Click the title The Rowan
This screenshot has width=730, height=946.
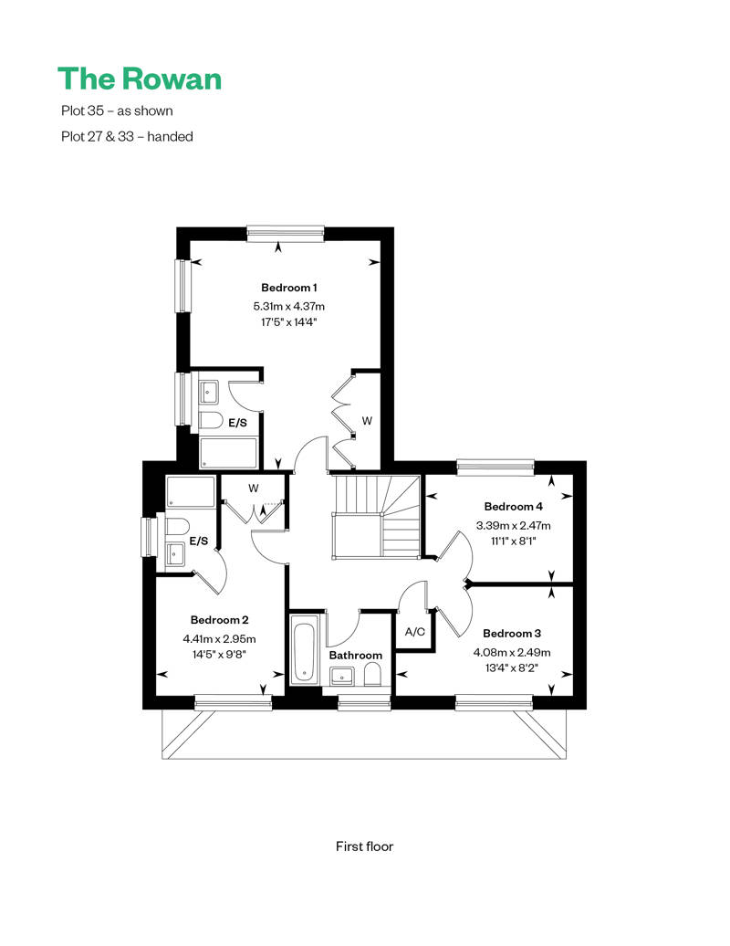(x=140, y=79)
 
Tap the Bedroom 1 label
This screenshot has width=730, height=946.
(x=288, y=288)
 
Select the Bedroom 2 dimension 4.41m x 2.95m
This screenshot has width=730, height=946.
(x=219, y=639)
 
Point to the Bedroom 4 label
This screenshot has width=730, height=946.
(x=513, y=506)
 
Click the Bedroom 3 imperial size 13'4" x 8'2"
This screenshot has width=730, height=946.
(x=512, y=667)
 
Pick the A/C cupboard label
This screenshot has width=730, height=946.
(x=415, y=632)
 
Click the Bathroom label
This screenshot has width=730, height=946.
(x=356, y=656)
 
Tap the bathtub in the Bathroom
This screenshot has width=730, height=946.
(x=304, y=650)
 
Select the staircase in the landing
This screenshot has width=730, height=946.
(x=376, y=517)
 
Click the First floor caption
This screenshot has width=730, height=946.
(x=364, y=846)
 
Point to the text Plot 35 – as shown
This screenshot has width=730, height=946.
(x=117, y=111)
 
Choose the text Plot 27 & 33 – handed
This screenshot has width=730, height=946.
(x=127, y=137)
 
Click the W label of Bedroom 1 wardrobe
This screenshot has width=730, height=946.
(x=367, y=421)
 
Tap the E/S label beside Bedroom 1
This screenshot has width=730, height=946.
(x=237, y=423)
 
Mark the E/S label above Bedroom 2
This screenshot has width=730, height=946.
(x=198, y=541)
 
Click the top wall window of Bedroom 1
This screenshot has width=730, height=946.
(x=285, y=234)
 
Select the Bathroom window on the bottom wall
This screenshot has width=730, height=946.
(x=363, y=702)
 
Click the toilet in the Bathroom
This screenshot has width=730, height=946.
(x=373, y=675)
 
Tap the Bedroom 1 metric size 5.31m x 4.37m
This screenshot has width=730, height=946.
(x=288, y=307)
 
